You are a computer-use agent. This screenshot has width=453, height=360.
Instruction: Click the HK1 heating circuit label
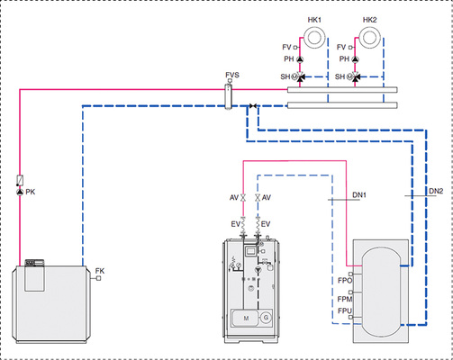(314, 20)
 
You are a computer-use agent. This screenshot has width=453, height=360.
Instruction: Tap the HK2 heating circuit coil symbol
(370, 37)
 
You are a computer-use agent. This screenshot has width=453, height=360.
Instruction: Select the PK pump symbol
(20, 192)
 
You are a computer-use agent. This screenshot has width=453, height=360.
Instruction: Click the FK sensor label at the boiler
(100, 271)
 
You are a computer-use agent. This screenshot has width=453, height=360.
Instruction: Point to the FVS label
(232, 75)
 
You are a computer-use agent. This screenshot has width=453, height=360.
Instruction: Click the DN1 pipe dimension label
(359, 195)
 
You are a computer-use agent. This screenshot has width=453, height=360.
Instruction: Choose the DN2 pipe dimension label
(436, 191)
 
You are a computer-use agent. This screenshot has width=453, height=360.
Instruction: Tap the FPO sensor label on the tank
(345, 281)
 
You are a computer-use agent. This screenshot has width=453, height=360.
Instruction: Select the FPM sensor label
(345, 299)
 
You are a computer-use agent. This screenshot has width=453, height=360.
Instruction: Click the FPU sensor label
(345, 311)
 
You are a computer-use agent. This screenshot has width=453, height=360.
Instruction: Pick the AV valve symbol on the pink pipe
(243, 198)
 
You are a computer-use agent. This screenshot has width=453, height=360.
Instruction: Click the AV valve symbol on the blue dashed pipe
(258, 198)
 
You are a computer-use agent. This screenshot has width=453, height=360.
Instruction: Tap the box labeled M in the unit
(246, 319)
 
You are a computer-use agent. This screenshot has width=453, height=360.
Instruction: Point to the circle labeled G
(266, 318)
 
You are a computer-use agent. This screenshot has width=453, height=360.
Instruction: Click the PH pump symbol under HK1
(300, 59)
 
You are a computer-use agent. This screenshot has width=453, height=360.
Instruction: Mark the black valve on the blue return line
(253, 106)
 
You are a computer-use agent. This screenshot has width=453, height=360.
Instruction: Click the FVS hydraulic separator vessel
(229, 96)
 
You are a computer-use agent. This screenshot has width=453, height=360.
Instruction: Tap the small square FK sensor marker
(98, 278)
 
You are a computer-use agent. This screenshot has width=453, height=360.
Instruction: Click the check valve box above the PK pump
(20, 180)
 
